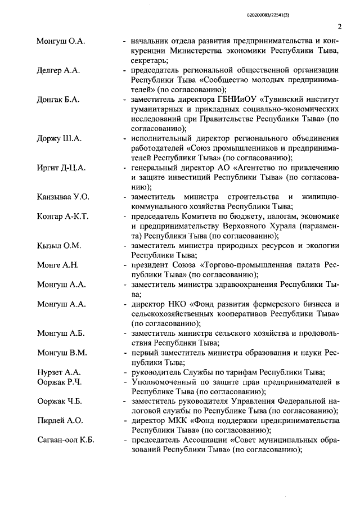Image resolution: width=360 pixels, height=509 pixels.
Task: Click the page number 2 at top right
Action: coord(340,26)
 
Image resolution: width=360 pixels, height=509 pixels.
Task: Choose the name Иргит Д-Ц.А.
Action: coord(61,168)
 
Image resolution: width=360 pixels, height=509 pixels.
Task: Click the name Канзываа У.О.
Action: coord(63,197)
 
